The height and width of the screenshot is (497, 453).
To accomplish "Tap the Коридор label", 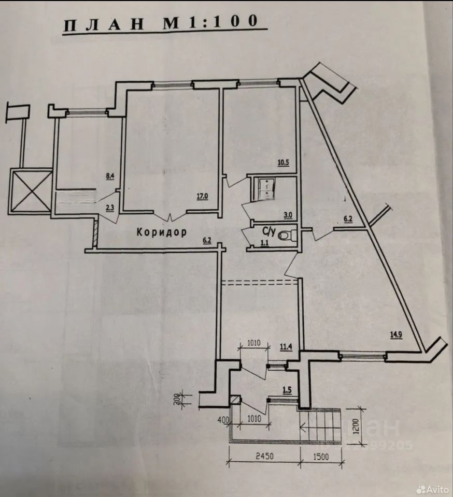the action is pos(161,232).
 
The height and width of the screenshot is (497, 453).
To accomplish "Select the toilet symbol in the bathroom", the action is pos(286,236).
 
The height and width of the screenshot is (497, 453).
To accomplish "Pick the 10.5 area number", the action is pos(283,163).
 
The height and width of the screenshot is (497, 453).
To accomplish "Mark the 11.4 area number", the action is pos(286,348).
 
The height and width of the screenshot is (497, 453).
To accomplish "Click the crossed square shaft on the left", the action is pos(32,191).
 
